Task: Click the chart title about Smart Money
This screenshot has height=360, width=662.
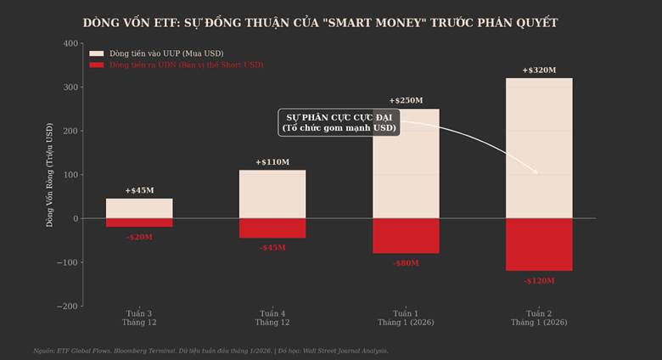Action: coord(321,22)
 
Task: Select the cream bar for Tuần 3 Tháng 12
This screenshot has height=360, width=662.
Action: coord(139,209)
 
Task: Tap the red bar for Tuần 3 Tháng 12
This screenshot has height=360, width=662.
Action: coord(139,222)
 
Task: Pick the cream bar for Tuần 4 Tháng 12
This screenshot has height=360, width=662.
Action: coord(272,194)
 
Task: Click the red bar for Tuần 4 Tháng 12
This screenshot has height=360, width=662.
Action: coord(272,228)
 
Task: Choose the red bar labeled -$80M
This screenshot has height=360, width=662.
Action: coord(406,236)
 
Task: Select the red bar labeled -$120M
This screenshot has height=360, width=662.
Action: coord(539,245)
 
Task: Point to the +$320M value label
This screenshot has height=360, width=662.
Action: coord(539,70)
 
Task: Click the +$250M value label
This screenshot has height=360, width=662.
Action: coord(406,101)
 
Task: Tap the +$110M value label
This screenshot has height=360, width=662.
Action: coord(272,162)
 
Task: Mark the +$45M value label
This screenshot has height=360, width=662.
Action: coord(139,191)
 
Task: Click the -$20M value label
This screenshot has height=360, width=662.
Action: coord(139,238)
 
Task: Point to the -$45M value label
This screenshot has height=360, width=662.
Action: coord(272,248)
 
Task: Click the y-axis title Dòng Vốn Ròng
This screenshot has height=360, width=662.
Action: coord(49,174)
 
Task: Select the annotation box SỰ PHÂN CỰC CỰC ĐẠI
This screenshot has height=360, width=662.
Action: coord(339,122)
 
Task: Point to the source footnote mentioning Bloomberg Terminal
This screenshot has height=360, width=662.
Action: coord(210,351)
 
